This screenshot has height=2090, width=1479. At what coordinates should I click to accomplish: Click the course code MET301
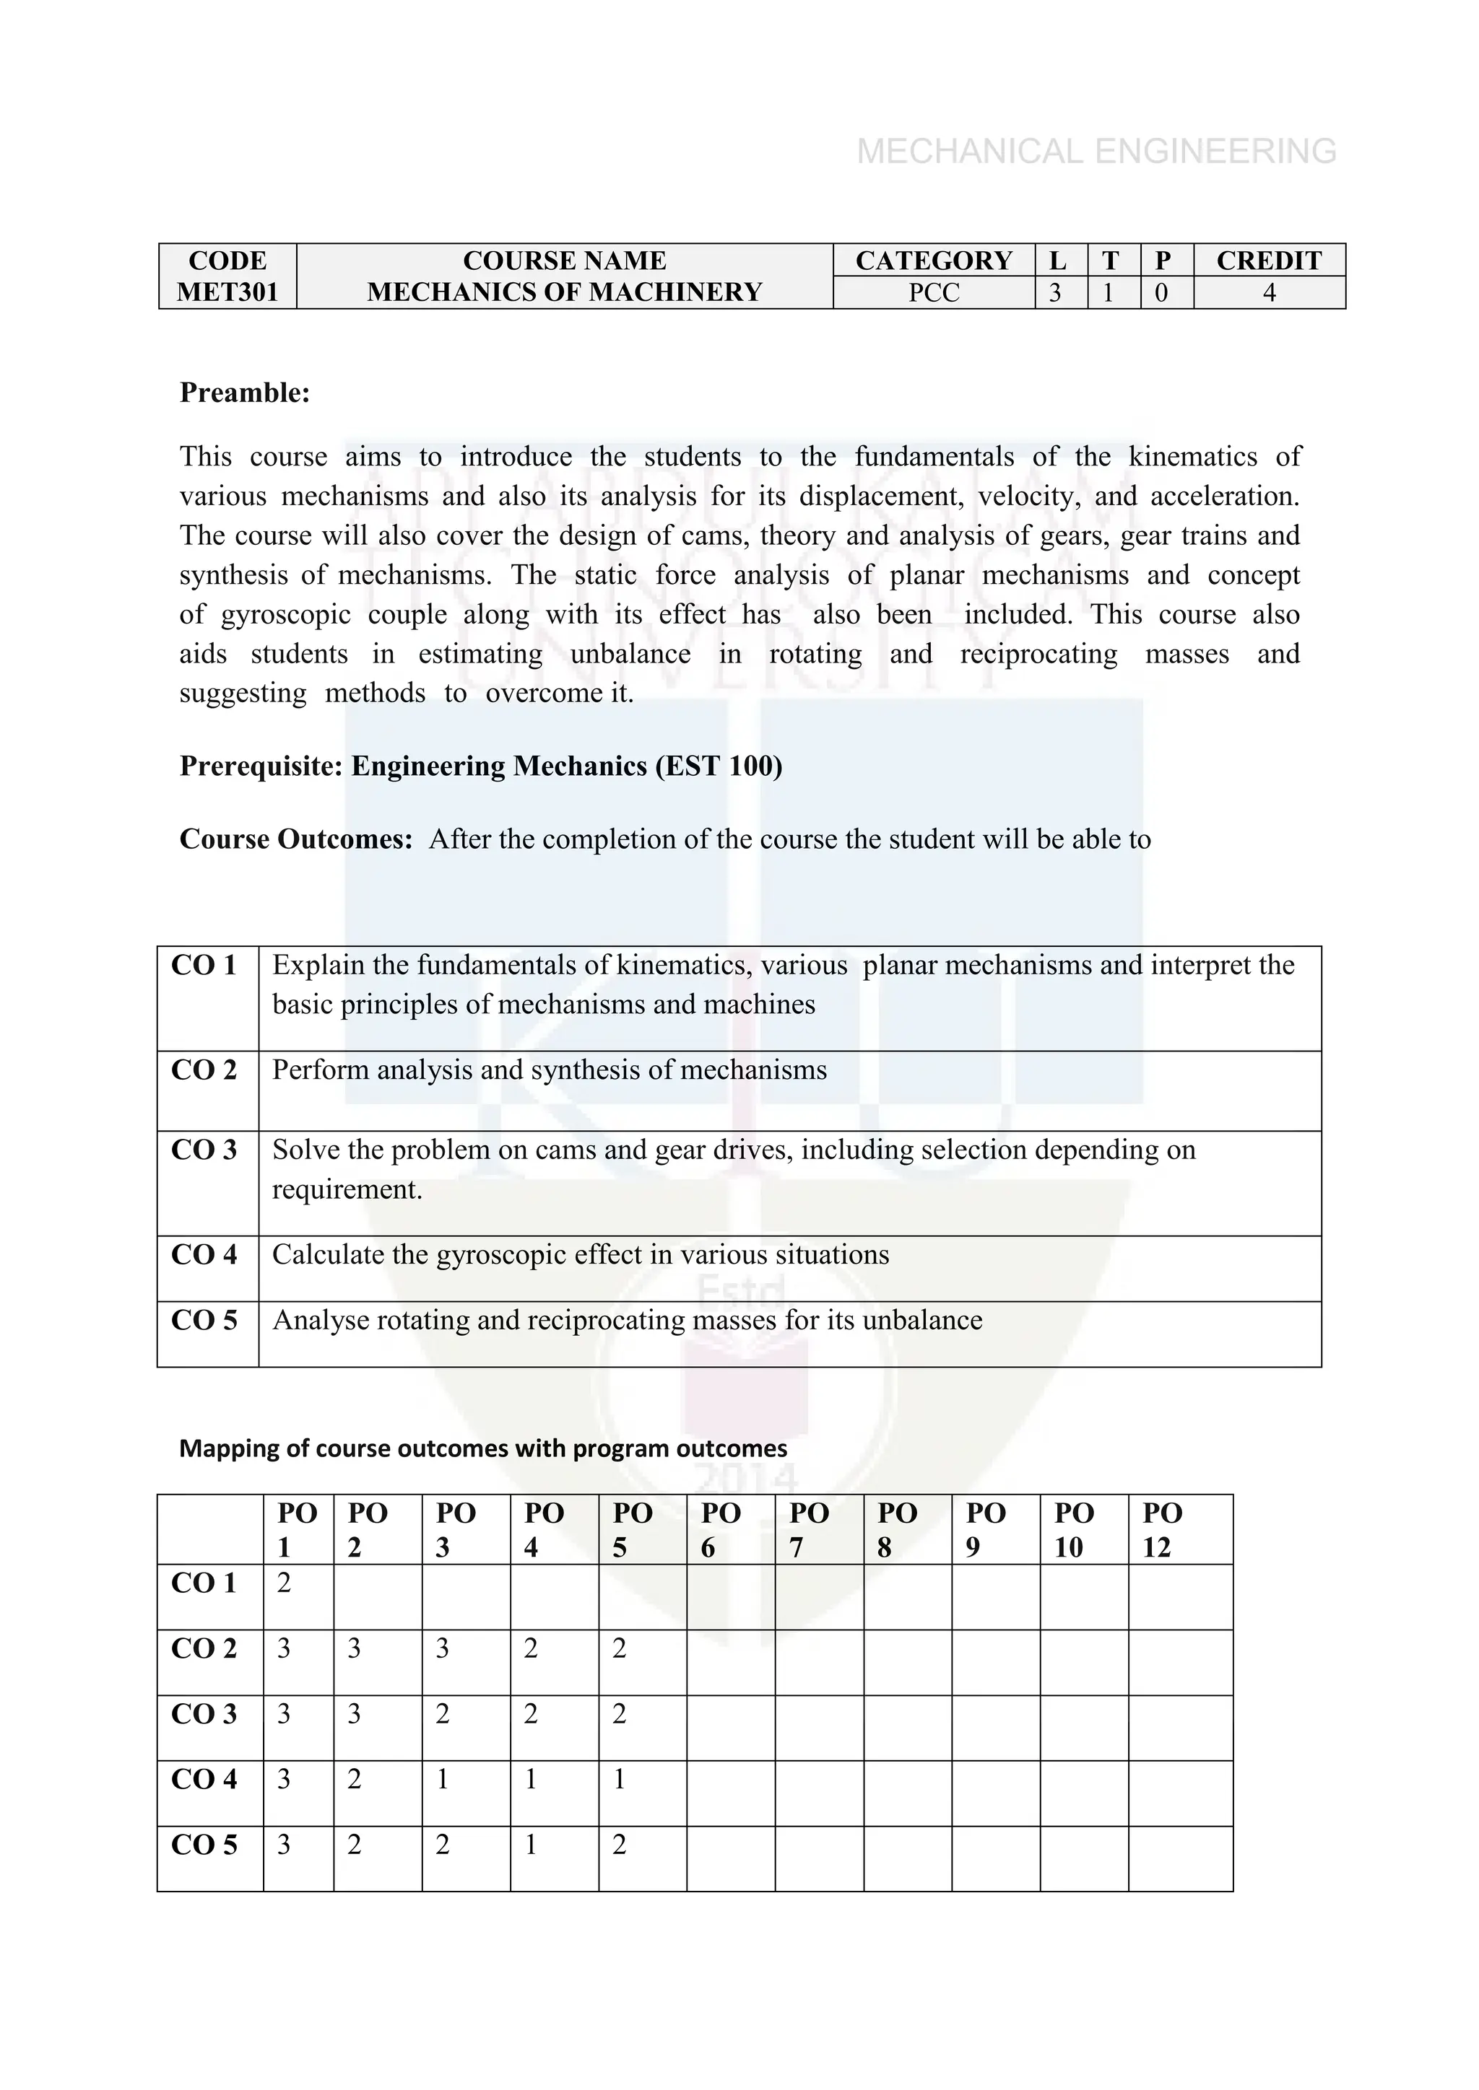click(x=227, y=292)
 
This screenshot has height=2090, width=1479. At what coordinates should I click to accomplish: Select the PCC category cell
click(x=934, y=293)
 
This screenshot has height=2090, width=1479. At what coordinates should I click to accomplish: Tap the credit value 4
click(x=1269, y=293)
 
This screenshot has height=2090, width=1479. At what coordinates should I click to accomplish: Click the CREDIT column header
click(x=1269, y=261)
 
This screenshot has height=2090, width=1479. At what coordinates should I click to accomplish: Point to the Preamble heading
click(x=245, y=393)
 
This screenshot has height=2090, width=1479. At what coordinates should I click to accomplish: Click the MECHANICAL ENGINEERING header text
click(x=1096, y=151)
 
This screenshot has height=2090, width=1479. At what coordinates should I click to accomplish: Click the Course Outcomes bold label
click(x=296, y=839)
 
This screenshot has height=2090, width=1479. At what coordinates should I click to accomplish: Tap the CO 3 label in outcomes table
click(x=204, y=1150)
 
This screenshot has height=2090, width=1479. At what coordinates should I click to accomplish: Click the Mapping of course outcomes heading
click(x=482, y=1448)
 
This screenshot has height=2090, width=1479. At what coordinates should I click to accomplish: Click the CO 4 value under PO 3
click(x=443, y=1780)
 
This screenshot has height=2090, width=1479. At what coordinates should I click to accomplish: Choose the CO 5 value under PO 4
click(x=531, y=1845)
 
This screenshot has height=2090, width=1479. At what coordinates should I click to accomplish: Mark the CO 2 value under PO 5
click(x=620, y=1648)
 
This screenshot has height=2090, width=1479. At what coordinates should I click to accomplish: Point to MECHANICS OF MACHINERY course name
click(x=564, y=292)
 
